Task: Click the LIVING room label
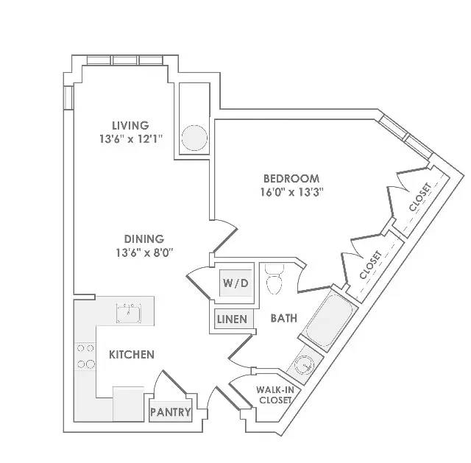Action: point(130,125)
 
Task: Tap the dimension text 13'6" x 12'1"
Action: point(131,139)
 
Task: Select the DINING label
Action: point(144,239)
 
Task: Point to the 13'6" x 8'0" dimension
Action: point(145,252)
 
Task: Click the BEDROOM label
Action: point(291,178)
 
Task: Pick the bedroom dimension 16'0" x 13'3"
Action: point(291,191)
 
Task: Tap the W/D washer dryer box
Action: point(235,283)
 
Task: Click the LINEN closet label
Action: point(232,319)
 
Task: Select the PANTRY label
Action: point(170,411)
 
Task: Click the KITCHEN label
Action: point(132,355)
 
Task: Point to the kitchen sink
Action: point(128,313)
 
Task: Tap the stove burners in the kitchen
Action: point(85,356)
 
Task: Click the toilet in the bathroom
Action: point(275,279)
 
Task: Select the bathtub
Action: point(329,322)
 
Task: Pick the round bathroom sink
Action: point(303,366)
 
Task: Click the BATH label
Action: point(284,318)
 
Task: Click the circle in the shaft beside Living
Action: point(194,138)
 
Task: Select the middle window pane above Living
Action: point(125,60)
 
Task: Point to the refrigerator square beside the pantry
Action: point(128,403)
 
